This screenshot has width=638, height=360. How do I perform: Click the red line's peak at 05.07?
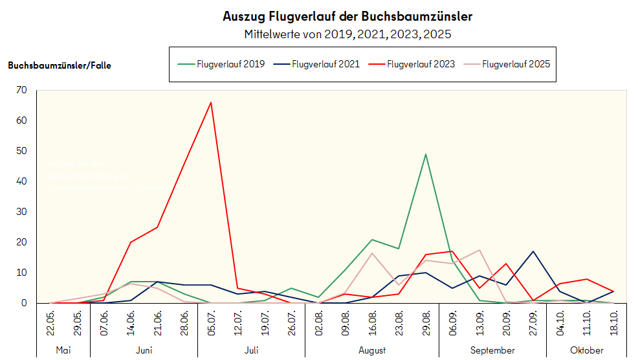click(211, 102)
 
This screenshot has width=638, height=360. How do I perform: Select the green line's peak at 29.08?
click(425, 154)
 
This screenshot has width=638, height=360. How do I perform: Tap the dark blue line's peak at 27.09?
click(533, 251)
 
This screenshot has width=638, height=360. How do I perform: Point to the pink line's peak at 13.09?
click(479, 250)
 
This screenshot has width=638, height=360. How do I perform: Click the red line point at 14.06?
click(131, 242)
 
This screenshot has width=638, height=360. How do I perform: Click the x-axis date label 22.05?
click(50, 322)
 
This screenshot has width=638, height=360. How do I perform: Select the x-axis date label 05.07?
click(211, 322)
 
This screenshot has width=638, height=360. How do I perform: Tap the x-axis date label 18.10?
click(613, 322)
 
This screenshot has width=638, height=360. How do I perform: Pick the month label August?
click(371, 350)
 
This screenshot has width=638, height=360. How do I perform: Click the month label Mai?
click(63, 350)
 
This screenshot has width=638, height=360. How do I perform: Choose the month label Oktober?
click(586, 350)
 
